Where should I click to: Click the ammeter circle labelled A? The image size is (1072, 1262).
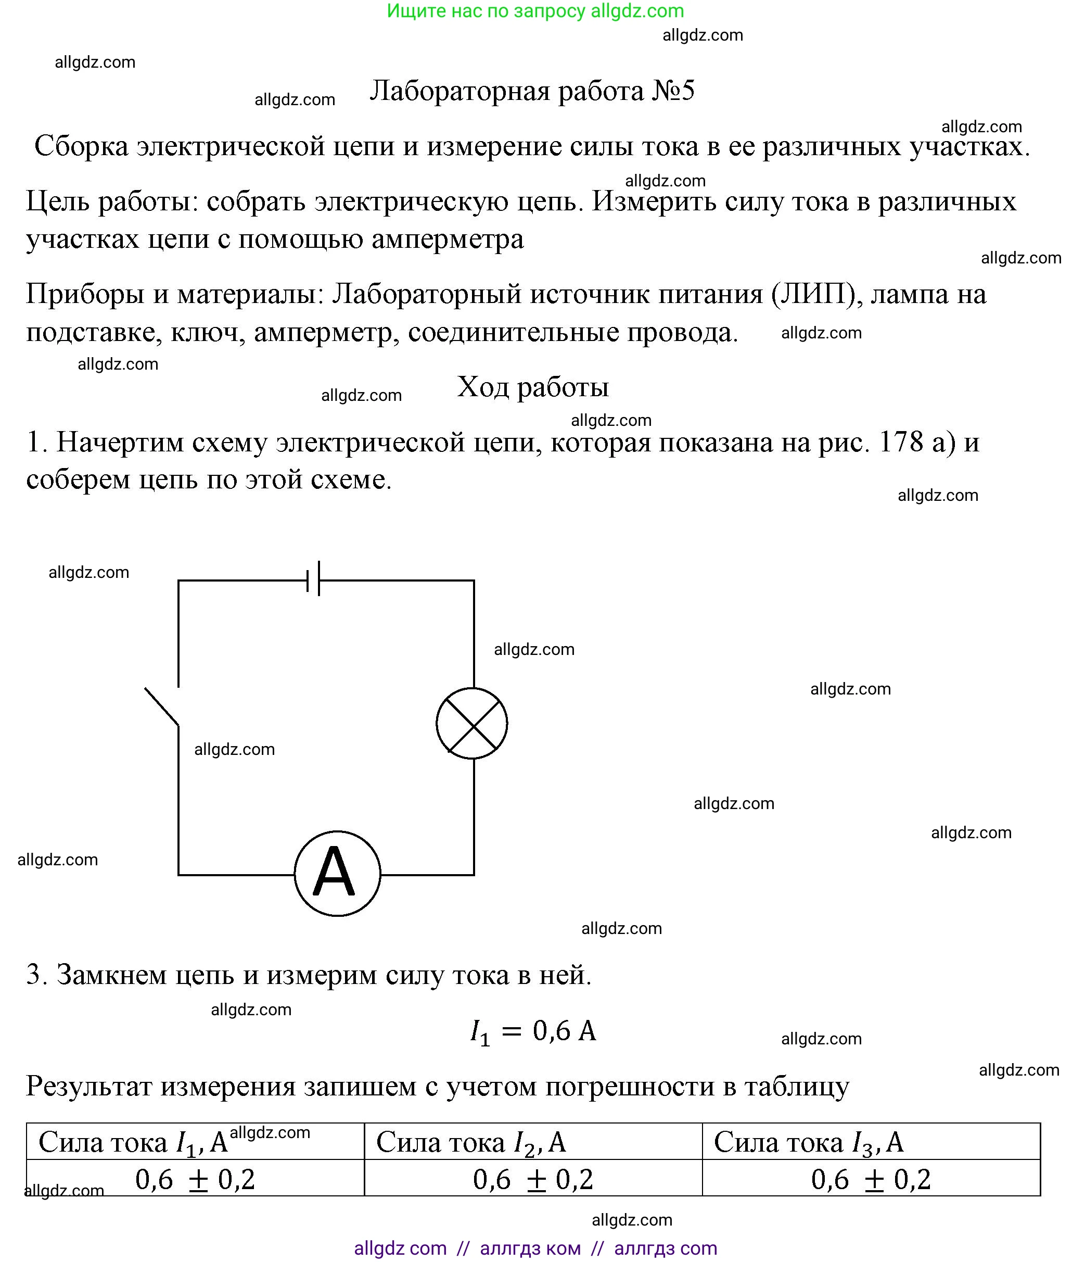(x=337, y=874)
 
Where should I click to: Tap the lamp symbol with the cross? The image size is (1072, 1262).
(x=472, y=723)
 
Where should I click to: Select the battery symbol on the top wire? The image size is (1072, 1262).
(x=314, y=579)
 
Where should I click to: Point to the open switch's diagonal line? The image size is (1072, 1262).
(x=162, y=707)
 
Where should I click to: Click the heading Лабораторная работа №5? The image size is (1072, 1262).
(x=532, y=91)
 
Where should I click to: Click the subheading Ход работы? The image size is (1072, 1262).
(x=532, y=387)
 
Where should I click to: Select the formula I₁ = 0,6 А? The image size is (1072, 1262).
(x=533, y=1031)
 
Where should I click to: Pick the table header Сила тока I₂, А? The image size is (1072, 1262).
(x=471, y=1142)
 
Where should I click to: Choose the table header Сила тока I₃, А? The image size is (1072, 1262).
(x=808, y=1142)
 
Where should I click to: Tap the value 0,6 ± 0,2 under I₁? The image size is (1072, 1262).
(x=195, y=1180)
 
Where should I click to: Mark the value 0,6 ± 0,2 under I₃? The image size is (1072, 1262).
(x=871, y=1180)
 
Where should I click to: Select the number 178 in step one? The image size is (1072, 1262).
(x=901, y=442)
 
